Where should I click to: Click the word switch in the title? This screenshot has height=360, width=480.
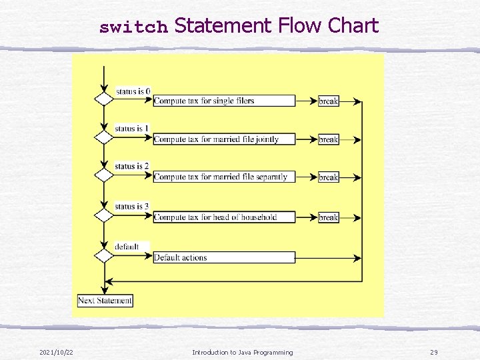[x=133, y=27]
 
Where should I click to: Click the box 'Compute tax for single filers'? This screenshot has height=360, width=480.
[x=224, y=101]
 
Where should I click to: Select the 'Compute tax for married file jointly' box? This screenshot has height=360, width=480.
[x=224, y=139]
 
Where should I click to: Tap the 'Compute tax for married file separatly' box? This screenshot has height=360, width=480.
[x=224, y=177]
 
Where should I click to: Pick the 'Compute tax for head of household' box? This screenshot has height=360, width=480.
[x=224, y=217]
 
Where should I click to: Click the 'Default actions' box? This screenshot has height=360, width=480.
[x=224, y=257]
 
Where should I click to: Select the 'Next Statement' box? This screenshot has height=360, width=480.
[x=105, y=301]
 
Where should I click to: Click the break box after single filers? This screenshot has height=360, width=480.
[x=329, y=101]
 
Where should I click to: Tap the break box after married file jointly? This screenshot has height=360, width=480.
[x=329, y=139]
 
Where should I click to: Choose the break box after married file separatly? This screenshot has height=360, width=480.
[x=329, y=177]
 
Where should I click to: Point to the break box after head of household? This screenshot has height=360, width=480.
[x=329, y=217]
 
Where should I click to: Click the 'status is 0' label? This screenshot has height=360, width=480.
[x=133, y=91]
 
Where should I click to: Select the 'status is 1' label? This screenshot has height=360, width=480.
[x=132, y=128]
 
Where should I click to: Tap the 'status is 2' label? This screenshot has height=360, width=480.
[x=132, y=165]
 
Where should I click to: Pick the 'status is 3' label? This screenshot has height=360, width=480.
[x=132, y=206]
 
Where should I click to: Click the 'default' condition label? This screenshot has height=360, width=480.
[x=127, y=246]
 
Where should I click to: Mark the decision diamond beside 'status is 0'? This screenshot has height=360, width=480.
[x=104, y=99]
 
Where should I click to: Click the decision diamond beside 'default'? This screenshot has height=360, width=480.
[x=104, y=255]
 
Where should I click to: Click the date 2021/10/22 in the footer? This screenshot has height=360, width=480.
[x=56, y=352]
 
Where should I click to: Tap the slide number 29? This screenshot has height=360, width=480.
[x=433, y=352]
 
